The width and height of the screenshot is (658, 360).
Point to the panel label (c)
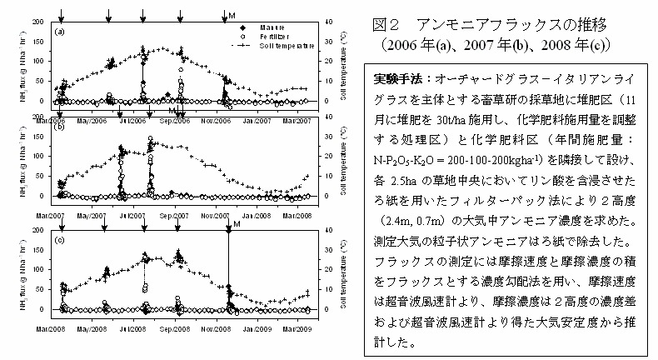coord(59,241)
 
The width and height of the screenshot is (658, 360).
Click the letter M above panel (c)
coord(237,223)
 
